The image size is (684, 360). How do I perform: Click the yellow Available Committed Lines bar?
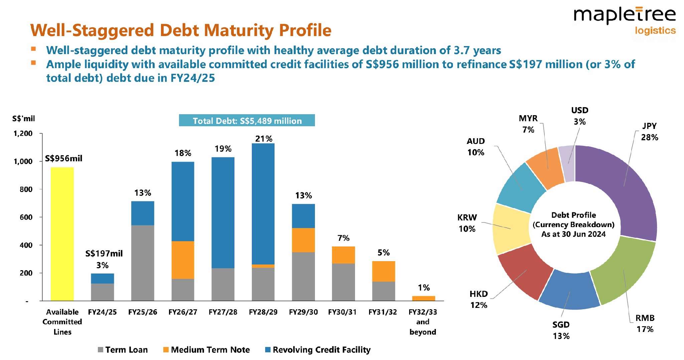pos(62,234)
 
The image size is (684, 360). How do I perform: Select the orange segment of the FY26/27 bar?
pos(183,260)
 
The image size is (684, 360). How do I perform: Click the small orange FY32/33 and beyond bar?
pos(423,298)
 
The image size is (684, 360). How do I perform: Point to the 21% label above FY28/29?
pos(264,139)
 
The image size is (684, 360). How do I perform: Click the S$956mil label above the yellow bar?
pos(63,158)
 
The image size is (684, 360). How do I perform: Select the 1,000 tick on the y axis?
pos(23,162)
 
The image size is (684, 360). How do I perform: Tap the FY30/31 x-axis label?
pos(342,312)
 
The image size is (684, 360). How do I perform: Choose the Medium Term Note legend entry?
pos(210,350)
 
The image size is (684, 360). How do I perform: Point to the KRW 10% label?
pos(467,223)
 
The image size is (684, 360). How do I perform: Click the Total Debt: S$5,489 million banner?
pos(247,121)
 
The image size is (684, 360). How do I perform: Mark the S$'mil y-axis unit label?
pos(23,119)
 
